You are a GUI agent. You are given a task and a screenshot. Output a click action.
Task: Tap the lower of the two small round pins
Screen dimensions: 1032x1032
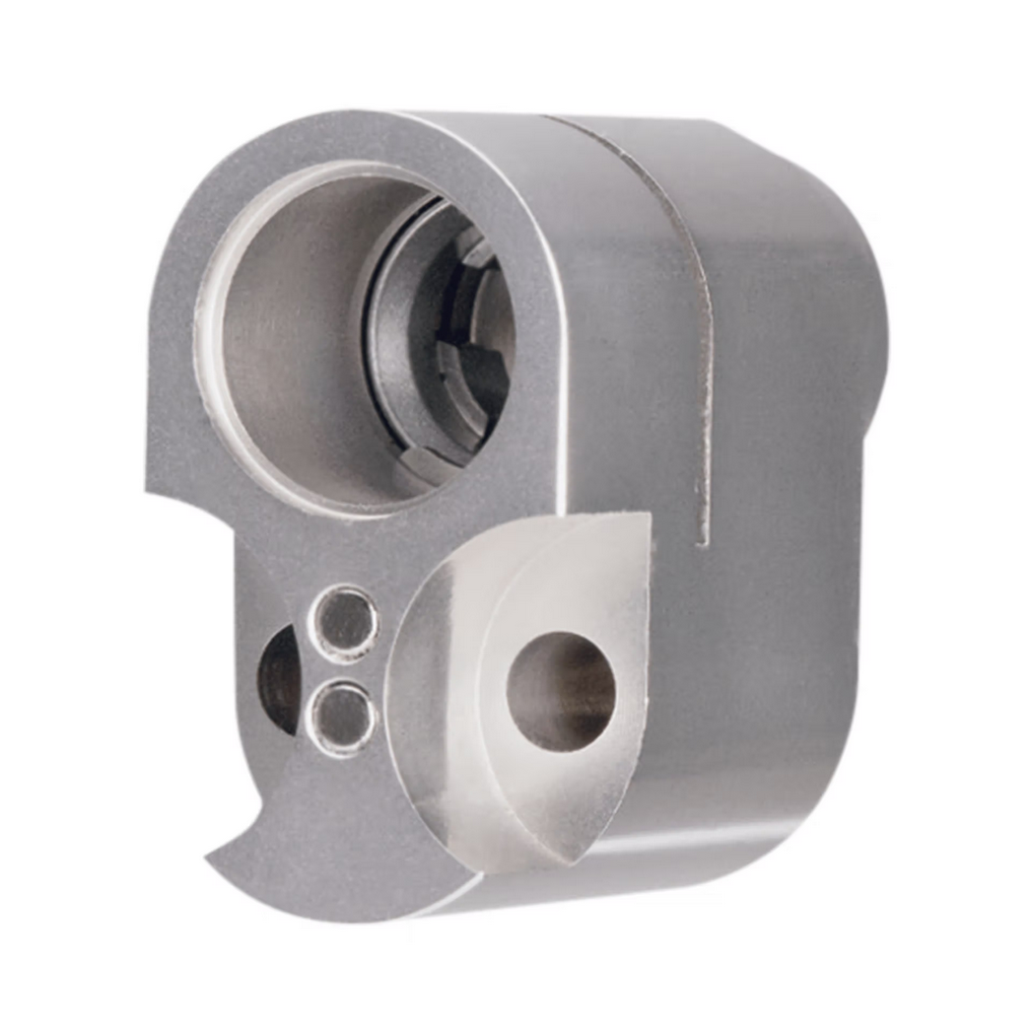[341, 717]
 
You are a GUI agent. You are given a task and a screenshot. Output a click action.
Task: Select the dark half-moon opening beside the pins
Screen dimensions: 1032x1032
[278, 680]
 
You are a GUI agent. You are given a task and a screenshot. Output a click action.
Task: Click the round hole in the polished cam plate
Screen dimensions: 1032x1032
[560, 691]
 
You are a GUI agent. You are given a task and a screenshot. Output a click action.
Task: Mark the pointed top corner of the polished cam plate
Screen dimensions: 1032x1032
[647, 516]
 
